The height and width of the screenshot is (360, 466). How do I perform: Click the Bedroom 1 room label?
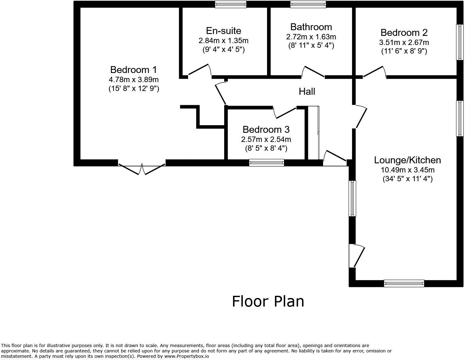[134, 70]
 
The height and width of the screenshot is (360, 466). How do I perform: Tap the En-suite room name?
[224, 31]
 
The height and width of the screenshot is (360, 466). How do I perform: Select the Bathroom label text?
[311, 27]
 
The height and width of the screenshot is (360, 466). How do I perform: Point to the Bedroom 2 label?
[404, 33]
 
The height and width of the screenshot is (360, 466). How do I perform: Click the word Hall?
[307, 92]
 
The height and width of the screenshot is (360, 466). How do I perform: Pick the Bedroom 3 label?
[266, 129]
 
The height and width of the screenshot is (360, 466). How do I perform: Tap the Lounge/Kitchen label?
[407, 160]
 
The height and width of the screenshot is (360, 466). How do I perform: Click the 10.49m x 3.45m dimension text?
[407, 170]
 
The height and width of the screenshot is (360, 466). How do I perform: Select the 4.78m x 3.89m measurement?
[134, 80]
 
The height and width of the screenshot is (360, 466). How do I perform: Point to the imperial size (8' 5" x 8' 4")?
[266, 148]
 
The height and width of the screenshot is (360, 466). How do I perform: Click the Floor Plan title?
[268, 301]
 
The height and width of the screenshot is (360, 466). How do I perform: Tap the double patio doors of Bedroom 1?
[142, 169]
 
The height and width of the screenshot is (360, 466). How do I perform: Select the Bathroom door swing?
[313, 71]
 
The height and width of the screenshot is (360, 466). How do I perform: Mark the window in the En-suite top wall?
[230, 4]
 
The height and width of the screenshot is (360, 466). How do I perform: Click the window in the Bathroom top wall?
[308, 4]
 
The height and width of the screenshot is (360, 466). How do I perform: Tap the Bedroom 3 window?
[266, 163]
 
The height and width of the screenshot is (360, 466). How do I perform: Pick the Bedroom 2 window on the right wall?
[460, 42]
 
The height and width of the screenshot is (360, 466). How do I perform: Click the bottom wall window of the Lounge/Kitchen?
[404, 283]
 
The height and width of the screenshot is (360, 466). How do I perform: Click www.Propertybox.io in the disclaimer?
[187, 356]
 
